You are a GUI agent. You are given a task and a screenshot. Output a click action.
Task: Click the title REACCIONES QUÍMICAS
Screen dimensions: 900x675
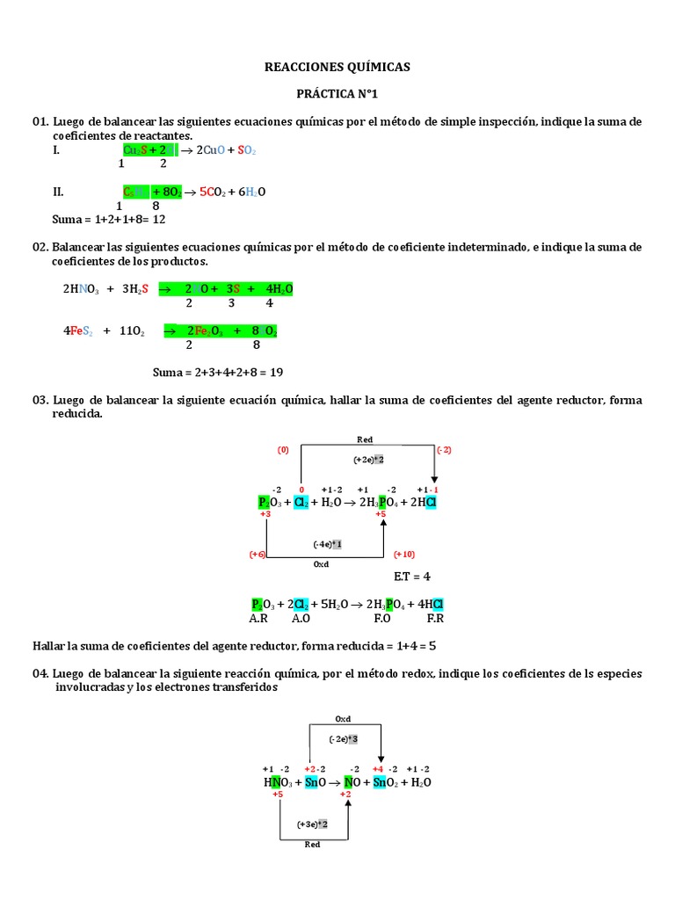click(338, 67)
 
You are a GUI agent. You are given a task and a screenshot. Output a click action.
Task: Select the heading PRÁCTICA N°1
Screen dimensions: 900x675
click(338, 93)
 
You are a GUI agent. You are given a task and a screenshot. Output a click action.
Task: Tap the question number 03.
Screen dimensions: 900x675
click(40, 400)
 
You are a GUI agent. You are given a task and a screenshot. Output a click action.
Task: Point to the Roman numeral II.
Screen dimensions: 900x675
click(59, 192)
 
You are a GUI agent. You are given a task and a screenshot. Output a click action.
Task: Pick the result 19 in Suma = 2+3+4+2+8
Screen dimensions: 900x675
click(276, 372)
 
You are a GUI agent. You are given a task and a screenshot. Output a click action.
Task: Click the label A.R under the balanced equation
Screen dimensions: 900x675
click(258, 618)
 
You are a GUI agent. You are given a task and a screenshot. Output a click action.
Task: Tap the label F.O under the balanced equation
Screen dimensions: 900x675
click(382, 618)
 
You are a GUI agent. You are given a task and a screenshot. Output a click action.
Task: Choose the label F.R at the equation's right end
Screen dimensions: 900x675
click(436, 618)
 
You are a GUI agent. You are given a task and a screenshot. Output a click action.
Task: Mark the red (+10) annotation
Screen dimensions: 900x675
click(403, 555)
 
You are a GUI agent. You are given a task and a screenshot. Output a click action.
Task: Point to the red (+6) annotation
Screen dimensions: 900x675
click(258, 555)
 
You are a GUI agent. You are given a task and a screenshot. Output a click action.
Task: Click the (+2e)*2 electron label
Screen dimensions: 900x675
click(368, 459)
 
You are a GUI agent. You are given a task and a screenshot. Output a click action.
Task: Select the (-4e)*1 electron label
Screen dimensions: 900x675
click(327, 544)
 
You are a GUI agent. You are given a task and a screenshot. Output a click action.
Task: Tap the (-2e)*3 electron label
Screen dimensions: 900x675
click(343, 739)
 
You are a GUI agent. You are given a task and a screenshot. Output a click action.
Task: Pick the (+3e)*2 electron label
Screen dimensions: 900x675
click(312, 824)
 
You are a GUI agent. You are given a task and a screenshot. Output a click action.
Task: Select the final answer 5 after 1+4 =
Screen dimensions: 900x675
click(432, 646)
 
